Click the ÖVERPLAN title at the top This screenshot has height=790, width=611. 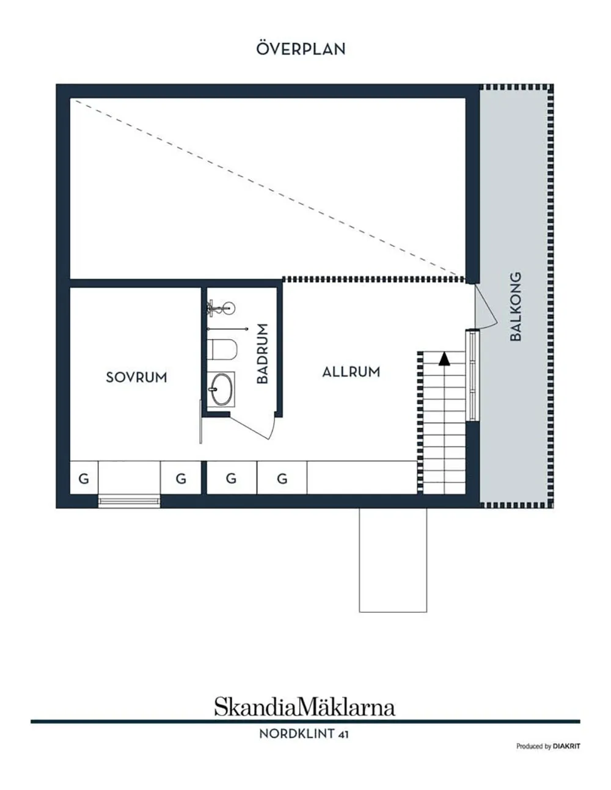[301, 49]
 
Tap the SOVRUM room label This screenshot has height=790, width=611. [136, 378]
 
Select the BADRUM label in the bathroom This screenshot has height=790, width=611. [262, 353]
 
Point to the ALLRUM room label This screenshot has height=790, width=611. [351, 371]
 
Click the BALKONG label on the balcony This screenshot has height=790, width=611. [516, 307]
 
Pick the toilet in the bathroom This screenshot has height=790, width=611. [222, 349]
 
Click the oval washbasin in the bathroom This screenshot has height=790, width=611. [221, 389]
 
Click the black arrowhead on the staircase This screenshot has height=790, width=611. [444, 359]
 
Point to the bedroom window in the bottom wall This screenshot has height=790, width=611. [129, 502]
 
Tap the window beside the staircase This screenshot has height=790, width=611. [472, 375]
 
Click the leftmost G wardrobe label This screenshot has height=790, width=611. [84, 479]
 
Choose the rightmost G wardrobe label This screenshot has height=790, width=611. [282, 479]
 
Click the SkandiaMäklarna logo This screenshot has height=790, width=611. [305, 707]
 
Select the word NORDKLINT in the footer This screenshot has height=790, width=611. [296, 734]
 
